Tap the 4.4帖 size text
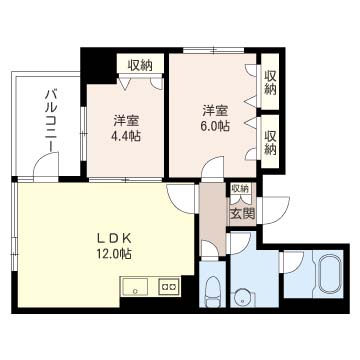tap(126, 136)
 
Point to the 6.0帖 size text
tap(215, 126)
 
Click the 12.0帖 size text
tap(114, 254)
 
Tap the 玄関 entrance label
tap(243, 213)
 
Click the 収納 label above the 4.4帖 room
tap(140, 66)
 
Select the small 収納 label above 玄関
tap(240, 189)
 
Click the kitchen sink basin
tap(135, 287)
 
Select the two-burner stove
tap(169, 286)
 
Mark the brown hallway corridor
tap(213, 218)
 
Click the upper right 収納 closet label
tap(270, 83)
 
